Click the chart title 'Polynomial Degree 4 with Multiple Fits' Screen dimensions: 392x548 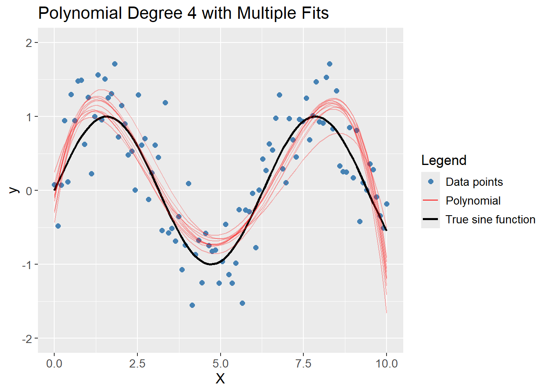[x=183, y=13]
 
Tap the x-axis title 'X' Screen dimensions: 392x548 [x=220, y=379]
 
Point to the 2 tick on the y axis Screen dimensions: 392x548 [x=29, y=43]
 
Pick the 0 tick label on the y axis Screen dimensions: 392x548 [x=29, y=191]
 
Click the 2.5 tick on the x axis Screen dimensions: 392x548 [x=137, y=363]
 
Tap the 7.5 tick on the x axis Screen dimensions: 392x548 [x=303, y=363]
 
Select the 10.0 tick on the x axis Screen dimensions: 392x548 [x=387, y=363]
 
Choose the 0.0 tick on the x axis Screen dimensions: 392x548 [x=54, y=363]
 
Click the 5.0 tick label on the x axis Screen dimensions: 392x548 [x=220, y=363]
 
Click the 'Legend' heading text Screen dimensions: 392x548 [x=444, y=160]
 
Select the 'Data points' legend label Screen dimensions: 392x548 [x=474, y=182]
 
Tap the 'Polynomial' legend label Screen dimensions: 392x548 [x=473, y=201]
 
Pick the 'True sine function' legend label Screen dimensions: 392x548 [x=490, y=220]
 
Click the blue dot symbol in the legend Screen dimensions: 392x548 [x=431, y=182]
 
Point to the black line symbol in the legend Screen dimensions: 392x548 [x=431, y=219]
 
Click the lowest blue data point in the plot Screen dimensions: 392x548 [x=192, y=305]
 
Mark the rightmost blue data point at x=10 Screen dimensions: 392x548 [x=387, y=204]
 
